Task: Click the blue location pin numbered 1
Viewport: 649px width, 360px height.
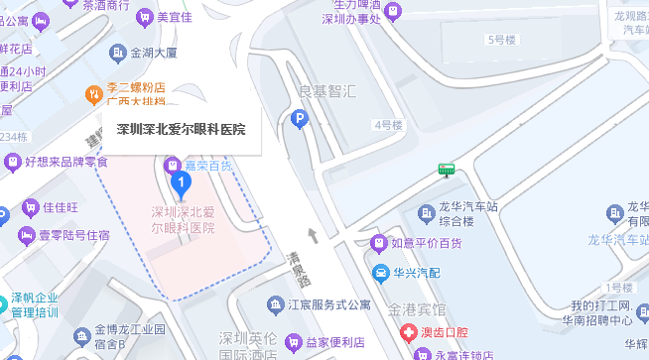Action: click(181, 182)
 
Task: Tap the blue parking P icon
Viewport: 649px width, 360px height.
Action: click(298, 120)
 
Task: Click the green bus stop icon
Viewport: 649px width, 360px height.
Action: click(447, 169)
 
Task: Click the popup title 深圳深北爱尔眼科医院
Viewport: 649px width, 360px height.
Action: click(181, 128)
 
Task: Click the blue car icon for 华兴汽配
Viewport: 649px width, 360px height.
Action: click(379, 273)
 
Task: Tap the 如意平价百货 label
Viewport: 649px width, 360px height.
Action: click(427, 242)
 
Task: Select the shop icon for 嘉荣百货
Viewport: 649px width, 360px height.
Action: click(170, 163)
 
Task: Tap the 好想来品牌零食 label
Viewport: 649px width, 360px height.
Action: click(65, 162)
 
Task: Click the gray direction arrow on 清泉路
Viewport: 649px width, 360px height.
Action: click(315, 235)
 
